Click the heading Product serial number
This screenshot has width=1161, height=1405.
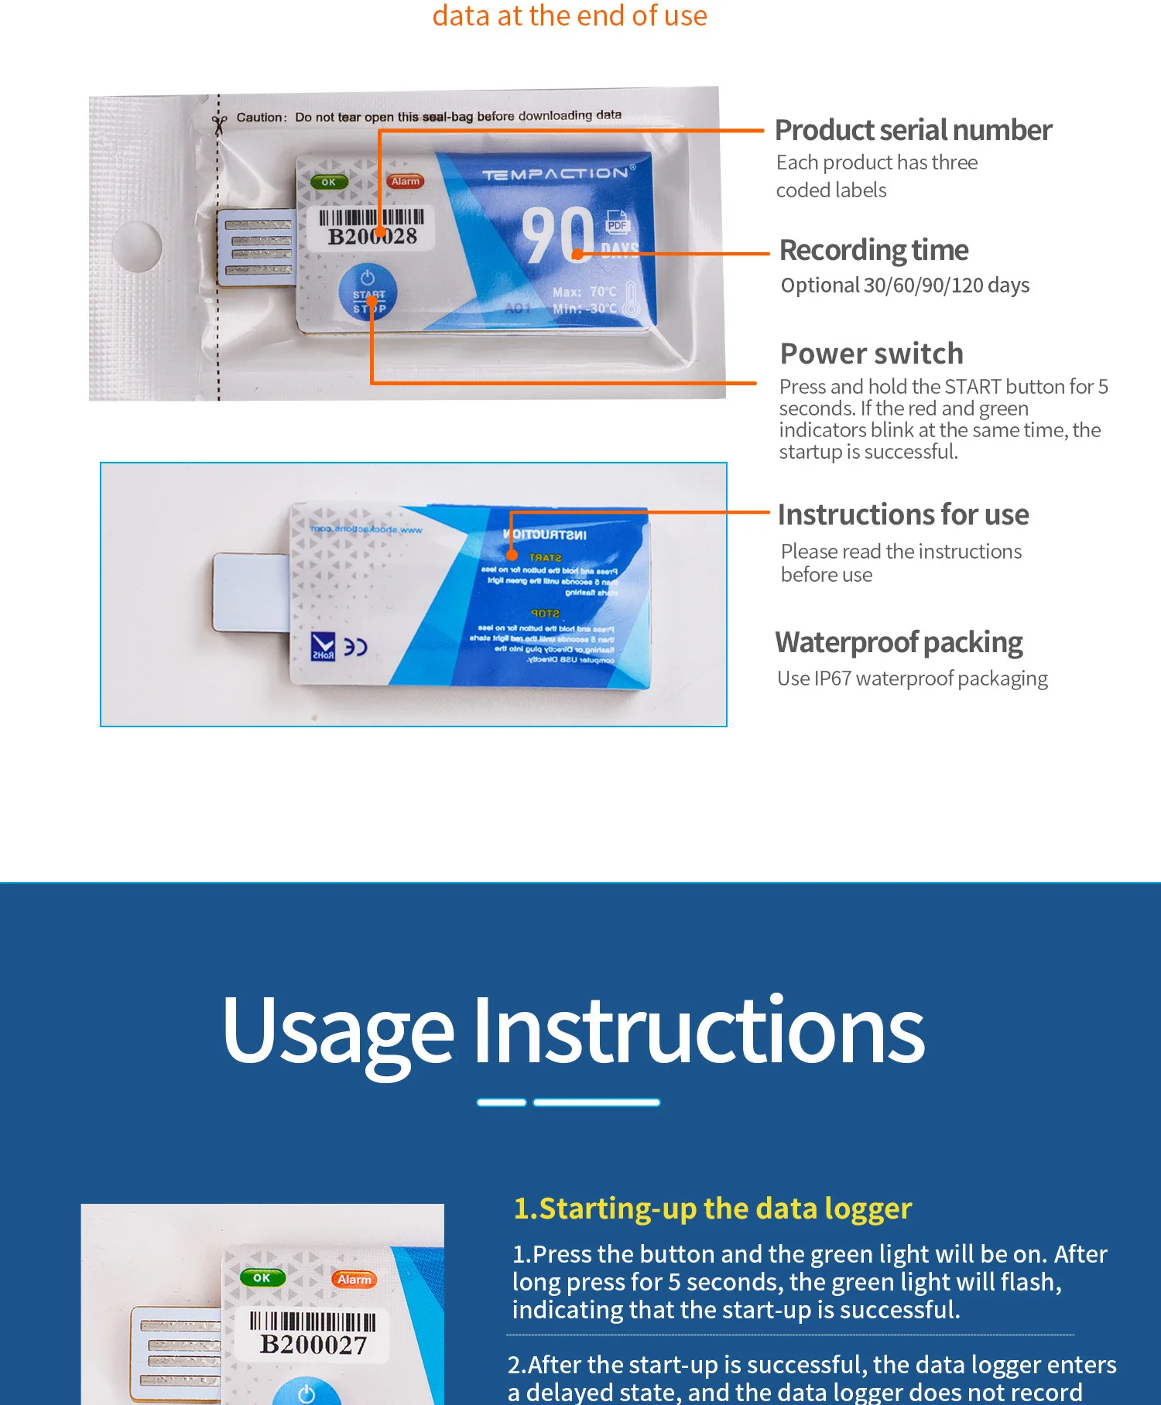[x=913, y=130]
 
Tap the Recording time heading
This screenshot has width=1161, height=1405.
[x=873, y=250]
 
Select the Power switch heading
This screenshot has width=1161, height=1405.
[x=872, y=354]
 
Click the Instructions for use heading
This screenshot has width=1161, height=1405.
[x=902, y=514]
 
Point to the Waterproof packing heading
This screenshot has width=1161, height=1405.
[x=899, y=642]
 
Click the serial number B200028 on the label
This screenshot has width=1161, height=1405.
[x=372, y=236]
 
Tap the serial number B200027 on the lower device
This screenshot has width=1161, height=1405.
[x=313, y=1345]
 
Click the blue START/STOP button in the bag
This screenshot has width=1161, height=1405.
[x=368, y=293]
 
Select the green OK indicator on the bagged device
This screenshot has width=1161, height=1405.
[x=329, y=183]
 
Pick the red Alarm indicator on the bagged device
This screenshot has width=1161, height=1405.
[x=405, y=182]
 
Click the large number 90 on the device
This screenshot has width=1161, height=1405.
[x=557, y=235]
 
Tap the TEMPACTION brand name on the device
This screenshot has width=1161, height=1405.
[x=556, y=174]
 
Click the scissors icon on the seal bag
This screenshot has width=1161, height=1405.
[x=220, y=123]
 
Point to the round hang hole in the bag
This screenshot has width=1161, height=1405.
[x=137, y=245]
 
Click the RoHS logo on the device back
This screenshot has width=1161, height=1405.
[x=323, y=646]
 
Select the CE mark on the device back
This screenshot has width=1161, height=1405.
[x=355, y=647]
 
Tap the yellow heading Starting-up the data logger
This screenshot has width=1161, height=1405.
[x=712, y=1208]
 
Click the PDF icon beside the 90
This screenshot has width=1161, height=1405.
[x=617, y=223]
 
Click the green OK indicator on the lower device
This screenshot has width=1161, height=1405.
[x=262, y=1277]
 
